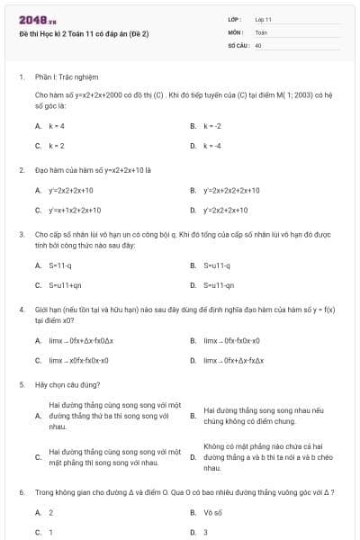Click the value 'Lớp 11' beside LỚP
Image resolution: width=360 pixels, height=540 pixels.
[263, 19]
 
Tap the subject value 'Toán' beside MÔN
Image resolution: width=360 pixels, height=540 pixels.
[261, 31]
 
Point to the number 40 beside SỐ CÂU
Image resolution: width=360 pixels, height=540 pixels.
[258, 44]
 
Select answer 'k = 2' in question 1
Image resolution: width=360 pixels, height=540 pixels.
[57, 145]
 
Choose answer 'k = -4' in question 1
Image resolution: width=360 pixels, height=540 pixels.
[212, 145]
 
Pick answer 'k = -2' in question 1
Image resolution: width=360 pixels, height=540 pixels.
[212, 126]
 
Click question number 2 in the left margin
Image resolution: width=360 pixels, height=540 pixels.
[21, 168]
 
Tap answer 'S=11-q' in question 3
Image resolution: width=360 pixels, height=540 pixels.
[60, 265]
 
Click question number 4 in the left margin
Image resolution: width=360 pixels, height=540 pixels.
[21, 309]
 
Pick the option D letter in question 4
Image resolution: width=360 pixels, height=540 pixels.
[193, 360]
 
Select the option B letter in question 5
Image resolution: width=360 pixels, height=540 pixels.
[193, 416]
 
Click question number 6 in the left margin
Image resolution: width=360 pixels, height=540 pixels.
[21, 492]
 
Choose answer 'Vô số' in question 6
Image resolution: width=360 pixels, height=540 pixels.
[212, 512]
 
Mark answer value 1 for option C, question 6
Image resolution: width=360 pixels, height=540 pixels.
[50, 532]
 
